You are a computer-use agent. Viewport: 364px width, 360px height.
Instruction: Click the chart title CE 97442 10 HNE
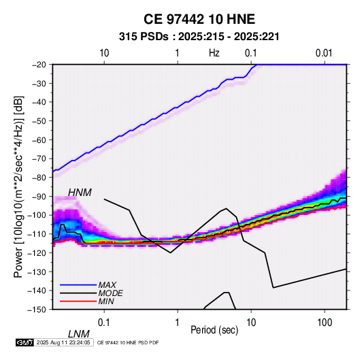(x=199, y=19)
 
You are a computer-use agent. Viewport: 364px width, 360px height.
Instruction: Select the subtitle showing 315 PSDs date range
(x=199, y=37)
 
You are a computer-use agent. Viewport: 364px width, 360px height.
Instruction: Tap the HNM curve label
(x=80, y=193)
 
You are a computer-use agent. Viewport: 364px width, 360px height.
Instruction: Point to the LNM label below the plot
(x=78, y=334)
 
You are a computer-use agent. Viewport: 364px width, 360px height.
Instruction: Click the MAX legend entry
(x=107, y=284)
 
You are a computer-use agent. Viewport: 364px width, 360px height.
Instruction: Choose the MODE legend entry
(x=110, y=293)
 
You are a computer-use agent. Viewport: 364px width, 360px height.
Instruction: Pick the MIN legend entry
(x=106, y=301)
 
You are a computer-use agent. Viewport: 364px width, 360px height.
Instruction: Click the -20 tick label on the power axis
(x=39, y=65)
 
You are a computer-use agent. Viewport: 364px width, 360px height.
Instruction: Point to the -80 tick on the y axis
(x=39, y=178)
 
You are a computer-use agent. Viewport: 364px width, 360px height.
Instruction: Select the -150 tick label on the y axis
(x=37, y=310)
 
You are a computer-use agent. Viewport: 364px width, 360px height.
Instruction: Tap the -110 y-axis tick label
(x=37, y=234)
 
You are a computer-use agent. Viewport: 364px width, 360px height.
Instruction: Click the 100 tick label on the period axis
(x=325, y=323)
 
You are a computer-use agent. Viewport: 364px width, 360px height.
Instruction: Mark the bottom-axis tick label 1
(x=178, y=323)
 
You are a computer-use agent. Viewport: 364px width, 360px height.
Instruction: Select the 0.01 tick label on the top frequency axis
(x=324, y=53)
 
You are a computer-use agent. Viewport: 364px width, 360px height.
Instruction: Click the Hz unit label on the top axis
(x=214, y=53)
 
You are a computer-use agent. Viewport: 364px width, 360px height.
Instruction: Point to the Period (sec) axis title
(x=214, y=330)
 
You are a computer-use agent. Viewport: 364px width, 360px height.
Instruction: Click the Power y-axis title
(x=18, y=186)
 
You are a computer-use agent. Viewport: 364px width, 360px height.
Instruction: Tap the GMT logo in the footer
(x=24, y=342)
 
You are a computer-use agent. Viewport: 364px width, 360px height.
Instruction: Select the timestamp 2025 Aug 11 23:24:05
(x=63, y=342)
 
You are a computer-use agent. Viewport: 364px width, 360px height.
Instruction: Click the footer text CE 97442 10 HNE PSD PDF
(x=128, y=343)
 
